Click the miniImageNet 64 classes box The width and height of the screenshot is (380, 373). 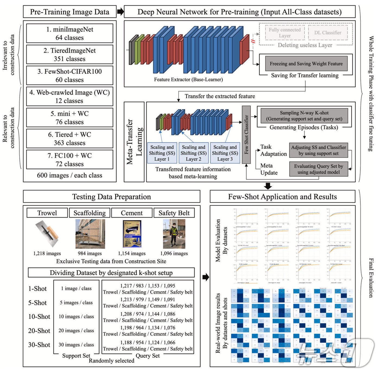[69, 33]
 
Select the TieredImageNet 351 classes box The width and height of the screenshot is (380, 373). [69, 55]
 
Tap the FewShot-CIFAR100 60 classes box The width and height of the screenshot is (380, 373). [69, 75]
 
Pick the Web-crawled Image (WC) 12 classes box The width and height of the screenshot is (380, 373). [69, 96]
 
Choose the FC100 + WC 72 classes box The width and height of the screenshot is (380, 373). [69, 160]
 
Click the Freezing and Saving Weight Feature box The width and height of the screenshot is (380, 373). [306, 64]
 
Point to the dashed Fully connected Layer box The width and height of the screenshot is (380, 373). [284, 33]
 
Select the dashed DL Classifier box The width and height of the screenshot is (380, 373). [328, 33]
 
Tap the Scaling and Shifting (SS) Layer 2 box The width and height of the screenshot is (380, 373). [194, 153]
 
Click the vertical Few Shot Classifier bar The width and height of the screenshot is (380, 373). [246, 135]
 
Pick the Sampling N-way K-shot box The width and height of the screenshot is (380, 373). [304, 116]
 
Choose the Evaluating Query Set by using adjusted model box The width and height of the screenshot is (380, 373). [318, 169]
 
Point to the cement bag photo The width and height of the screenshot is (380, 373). [132, 234]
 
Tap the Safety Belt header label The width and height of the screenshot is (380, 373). [174, 213]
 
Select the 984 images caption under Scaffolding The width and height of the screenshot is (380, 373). [90, 253]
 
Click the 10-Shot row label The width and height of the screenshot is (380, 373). [39, 317]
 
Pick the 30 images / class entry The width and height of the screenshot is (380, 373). [76, 345]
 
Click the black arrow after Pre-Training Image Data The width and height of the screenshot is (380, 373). [120, 12]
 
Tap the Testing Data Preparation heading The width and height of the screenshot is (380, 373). [111, 197]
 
